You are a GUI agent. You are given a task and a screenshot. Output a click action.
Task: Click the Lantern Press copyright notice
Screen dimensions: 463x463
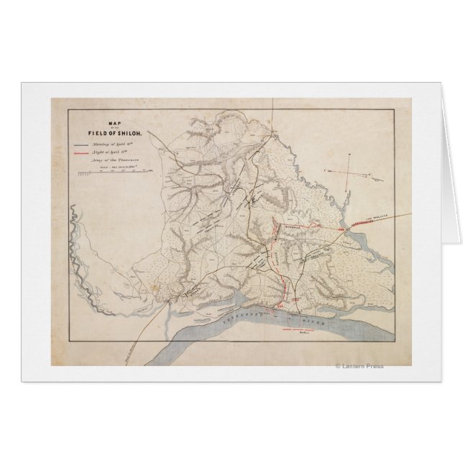[359, 366]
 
